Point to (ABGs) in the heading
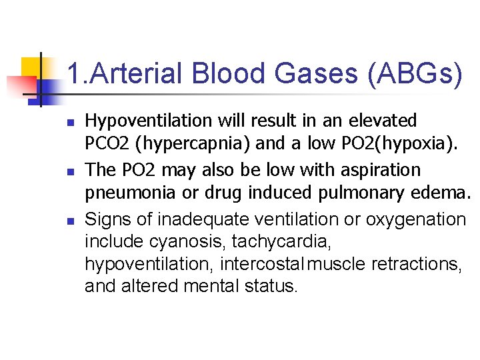(x=413, y=74)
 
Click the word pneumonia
(x=124, y=193)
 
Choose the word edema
(x=441, y=193)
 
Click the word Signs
(x=105, y=219)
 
